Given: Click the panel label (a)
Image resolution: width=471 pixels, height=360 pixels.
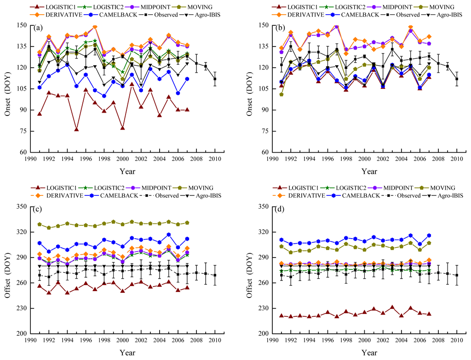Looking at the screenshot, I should [39, 28].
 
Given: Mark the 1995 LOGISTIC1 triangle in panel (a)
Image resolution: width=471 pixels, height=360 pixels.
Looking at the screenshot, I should [76, 130].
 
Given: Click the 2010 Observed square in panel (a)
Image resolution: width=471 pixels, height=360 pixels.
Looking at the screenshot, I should [214, 79].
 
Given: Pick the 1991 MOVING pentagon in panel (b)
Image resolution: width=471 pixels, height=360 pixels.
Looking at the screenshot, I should [281, 94].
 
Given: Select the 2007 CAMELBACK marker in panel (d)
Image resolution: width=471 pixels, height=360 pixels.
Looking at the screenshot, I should [429, 235].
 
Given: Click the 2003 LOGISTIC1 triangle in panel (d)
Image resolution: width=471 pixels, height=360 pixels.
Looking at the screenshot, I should [392, 307].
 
